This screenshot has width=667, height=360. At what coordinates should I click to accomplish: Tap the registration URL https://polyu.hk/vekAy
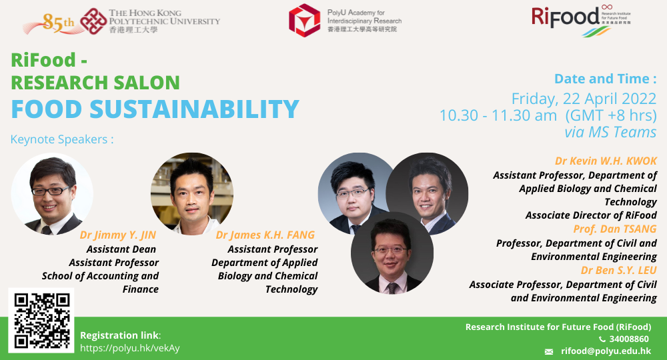tap(129, 348)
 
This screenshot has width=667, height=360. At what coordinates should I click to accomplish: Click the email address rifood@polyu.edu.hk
tap(606, 351)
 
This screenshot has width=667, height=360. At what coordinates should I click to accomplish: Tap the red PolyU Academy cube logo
tap(304, 20)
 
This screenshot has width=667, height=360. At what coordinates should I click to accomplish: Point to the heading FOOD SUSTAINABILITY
tap(155, 109)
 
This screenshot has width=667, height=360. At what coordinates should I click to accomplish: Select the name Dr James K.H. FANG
tap(265, 235)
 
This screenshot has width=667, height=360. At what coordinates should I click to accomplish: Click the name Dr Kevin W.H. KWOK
tap(606, 161)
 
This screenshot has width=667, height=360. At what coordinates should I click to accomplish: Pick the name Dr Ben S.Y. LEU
tap(618, 270)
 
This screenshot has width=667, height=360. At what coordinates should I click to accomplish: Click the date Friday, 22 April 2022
tap(584, 99)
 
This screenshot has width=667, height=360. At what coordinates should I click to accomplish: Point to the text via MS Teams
tap(610, 132)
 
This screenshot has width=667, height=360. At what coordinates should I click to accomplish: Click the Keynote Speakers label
tap(62, 140)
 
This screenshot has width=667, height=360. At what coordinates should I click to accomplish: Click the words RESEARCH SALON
tap(95, 83)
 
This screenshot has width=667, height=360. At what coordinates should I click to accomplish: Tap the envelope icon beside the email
tap(549, 352)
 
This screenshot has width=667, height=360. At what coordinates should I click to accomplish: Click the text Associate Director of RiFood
tap(590, 215)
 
